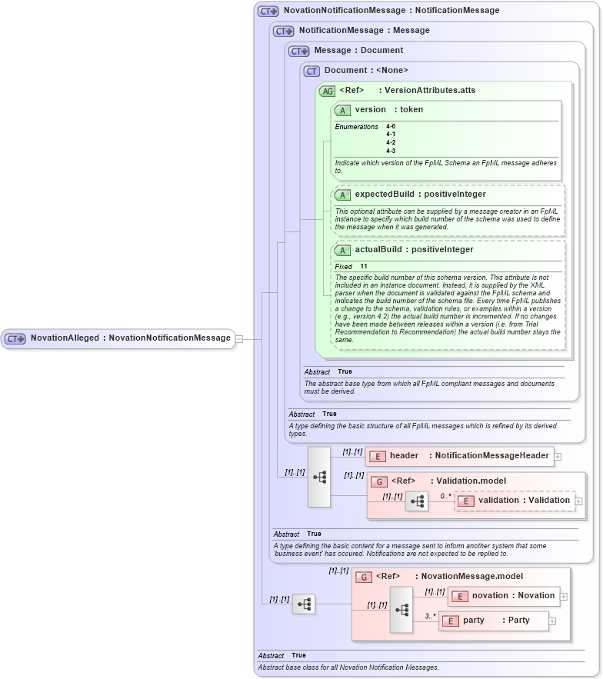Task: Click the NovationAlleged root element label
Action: pyautogui.click(x=130, y=338)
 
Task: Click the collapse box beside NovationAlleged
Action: pyautogui.click(x=239, y=338)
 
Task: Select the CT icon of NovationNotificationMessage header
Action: pyautogui.click(x=268, y=11)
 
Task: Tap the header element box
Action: pyautogui.click(x=459, y=456)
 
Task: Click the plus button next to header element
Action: pyautogui.click(x=558, y=456)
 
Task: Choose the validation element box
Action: pyautogui.click(x=515, y=501)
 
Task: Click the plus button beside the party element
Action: pyautogui.click(x=552, y=621)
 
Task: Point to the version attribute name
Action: pyautogui.click(x=370, y=110)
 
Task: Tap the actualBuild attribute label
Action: pyautogui.click(x=381, y=250)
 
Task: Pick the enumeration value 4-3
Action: pyautogui.click(x=391, y=151)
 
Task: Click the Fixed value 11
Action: pyautogui.click(x=364, y=266)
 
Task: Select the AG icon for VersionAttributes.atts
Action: pyautogui.click(x=328, y=91)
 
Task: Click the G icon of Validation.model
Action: pyautogui.click(x=379, y=481)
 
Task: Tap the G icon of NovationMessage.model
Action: pyautogui.click(x=364, y=577)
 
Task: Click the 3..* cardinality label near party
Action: pyautogui.click(x=431, y=616)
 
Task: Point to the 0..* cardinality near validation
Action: pyautogui.click(x=445, y=496)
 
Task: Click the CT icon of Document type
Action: pyautogui.click(x=311, y=71)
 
